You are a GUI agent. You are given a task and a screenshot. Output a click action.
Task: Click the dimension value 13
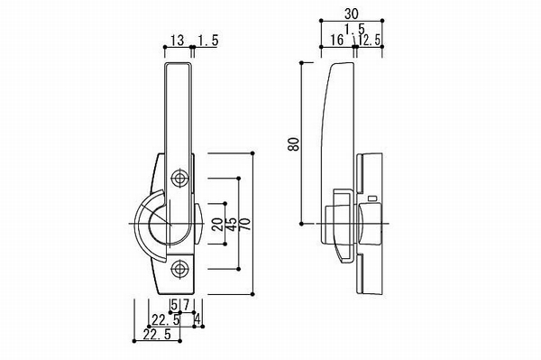pos(178,41)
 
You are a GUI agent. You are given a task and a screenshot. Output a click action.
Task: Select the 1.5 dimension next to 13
pos(208,41)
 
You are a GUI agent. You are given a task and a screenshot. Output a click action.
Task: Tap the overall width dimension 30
pos(352,14)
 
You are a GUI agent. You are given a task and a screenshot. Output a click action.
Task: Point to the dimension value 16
pos(336,40)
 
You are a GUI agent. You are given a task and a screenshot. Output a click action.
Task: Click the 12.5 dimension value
pos(370,40)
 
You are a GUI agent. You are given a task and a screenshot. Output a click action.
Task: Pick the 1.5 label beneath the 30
pos(354,29)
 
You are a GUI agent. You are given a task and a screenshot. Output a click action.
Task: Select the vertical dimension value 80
pos(294,144)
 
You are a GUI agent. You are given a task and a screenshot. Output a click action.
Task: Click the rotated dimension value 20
pos(217,225)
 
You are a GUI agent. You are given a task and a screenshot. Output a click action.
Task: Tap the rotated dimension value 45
pos(231,225)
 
